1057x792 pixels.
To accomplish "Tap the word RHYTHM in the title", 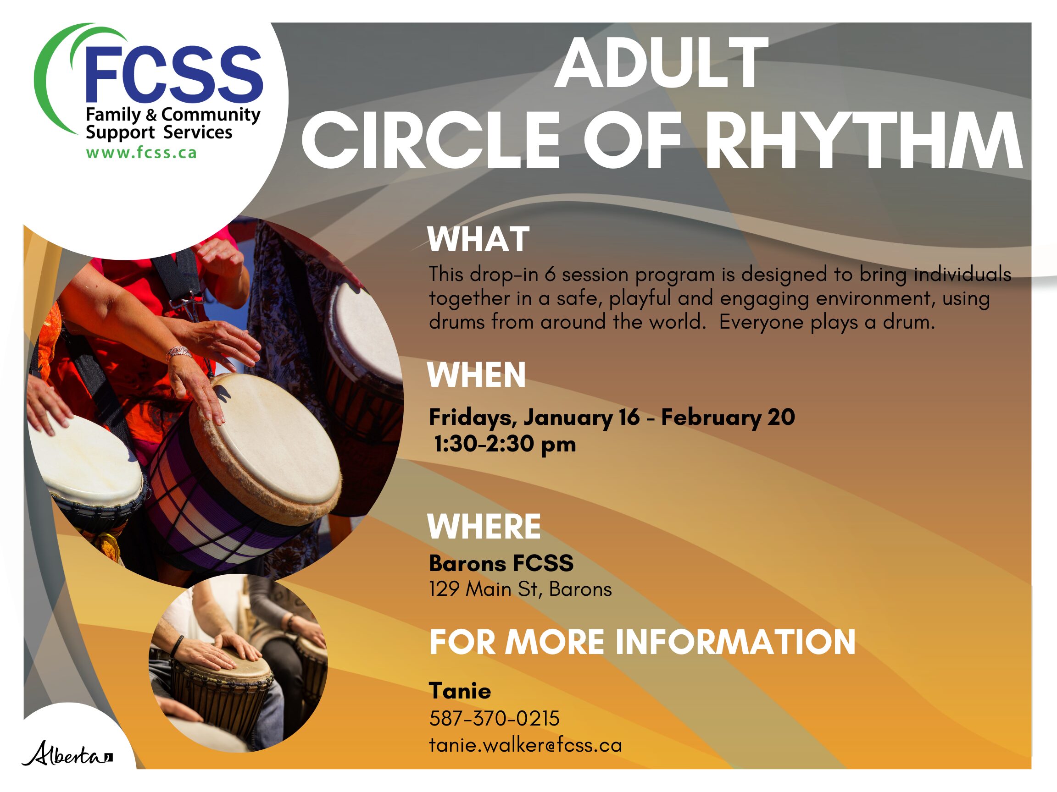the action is point(863,140).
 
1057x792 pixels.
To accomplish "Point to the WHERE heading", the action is point(484,527).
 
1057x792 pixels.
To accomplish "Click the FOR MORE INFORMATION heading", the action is point(642,642).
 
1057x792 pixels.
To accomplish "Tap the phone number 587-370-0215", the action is point(494,719).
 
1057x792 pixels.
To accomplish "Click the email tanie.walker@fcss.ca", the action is point(526,745).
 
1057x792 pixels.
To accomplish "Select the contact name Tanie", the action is point(460,691).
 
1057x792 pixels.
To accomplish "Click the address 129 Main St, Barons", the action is point(520,589).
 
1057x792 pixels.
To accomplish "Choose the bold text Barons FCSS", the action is point(501,563).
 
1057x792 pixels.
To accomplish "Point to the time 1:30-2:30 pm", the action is point(505,445).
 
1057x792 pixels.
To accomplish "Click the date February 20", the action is point(728,417).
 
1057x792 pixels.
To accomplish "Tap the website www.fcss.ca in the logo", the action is point(141,153).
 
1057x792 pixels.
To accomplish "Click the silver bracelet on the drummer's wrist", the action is point(178,353).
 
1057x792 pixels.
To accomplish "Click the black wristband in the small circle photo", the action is point(177,646).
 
